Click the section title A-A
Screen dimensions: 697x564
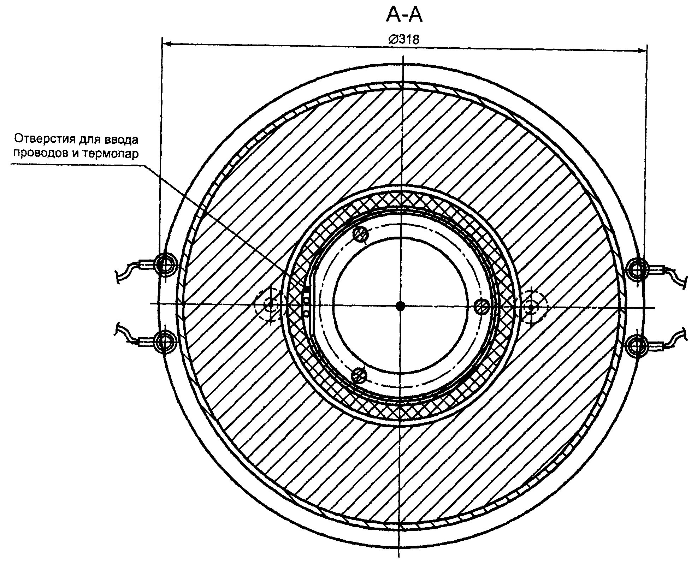point(404,16)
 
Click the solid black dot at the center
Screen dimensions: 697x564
point(400,306)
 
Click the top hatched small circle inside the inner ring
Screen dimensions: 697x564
point(361,234)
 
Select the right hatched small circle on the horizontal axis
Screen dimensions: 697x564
point(482,307)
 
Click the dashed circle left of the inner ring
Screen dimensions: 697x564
point(270,304)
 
